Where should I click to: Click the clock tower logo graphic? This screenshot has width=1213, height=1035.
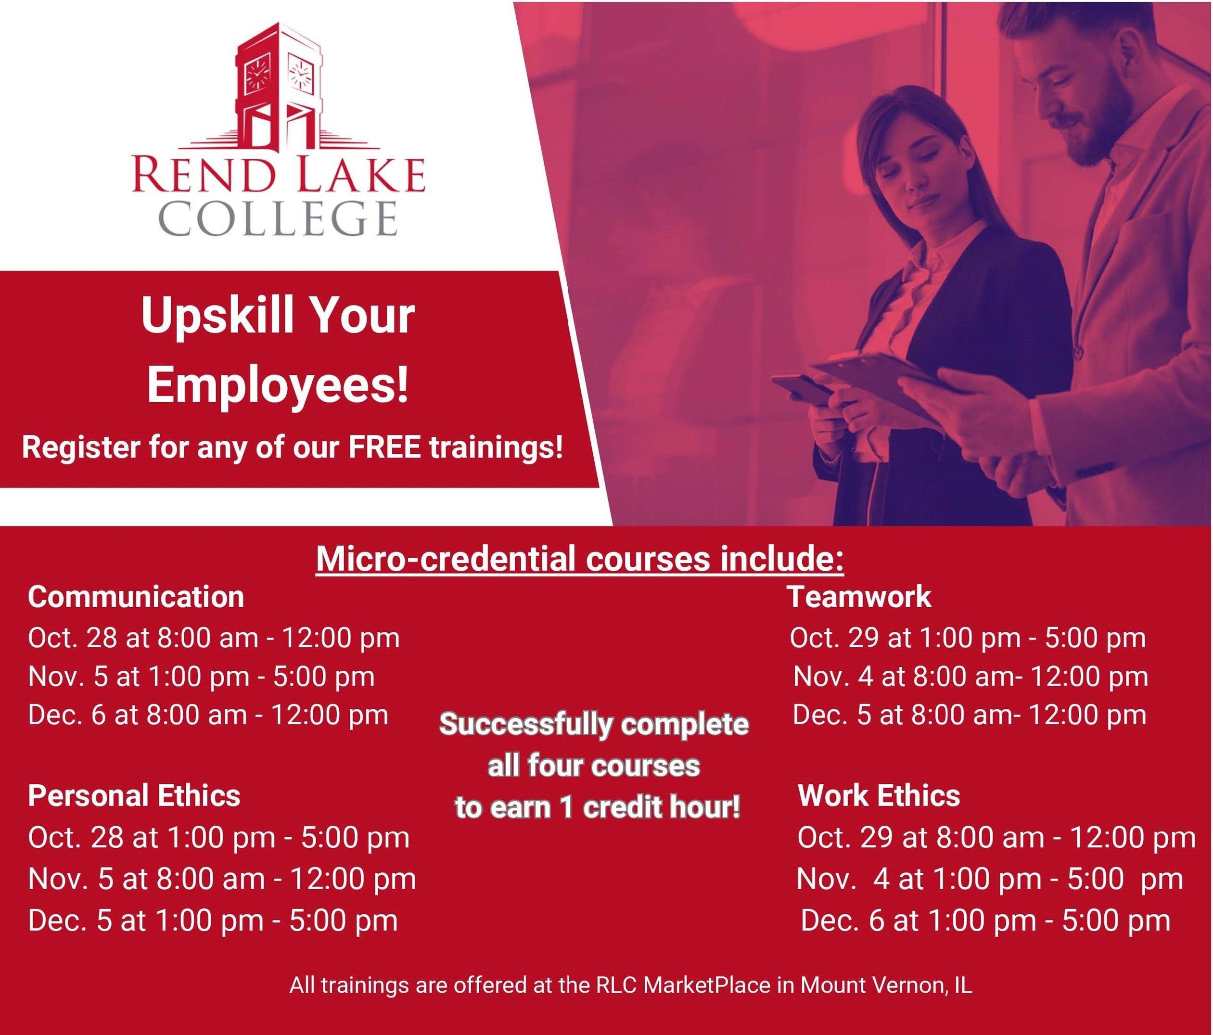click(279, 88)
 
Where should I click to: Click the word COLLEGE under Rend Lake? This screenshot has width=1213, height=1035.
click(278, 218)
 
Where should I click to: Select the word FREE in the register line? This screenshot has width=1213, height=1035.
click(384, 447)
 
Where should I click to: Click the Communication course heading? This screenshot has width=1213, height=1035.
click(136, 597)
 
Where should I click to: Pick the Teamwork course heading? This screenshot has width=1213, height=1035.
click(859, 597)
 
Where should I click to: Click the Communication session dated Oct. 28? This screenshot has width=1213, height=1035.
click(214, 638)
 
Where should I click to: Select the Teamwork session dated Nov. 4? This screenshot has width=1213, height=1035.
click(970, 677)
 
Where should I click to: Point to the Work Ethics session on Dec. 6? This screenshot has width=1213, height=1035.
click(985, 920)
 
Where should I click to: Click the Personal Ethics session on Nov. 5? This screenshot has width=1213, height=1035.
click(222, 879)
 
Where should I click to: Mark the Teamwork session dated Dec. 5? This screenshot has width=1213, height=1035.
click(969, 715)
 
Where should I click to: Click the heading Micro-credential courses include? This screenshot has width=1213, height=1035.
click(580, 559)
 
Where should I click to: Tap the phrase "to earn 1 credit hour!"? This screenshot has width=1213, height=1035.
click(597, 808)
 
